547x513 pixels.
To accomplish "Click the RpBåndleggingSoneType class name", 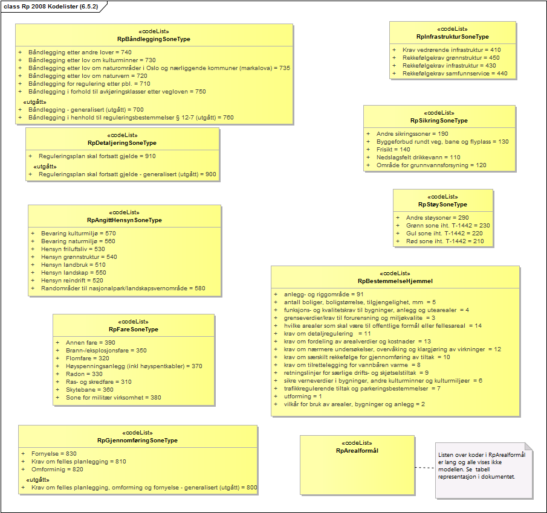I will point(154,39).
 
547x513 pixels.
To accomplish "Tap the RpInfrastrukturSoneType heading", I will point(453,37).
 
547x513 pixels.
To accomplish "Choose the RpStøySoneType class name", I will point(443,205).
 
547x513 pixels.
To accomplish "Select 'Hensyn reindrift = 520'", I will point(73,280).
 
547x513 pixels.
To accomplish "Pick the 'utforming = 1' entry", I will point(303,396).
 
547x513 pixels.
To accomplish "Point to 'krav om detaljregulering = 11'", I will point(327,333).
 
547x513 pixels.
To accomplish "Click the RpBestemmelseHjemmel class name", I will point(395,281).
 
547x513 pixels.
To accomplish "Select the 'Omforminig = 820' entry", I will point(58,469).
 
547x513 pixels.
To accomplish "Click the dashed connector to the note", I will point(424,467).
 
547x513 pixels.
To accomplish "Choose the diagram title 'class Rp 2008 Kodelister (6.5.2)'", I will point(51,6).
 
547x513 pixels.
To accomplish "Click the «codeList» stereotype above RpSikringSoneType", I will point(439,113).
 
